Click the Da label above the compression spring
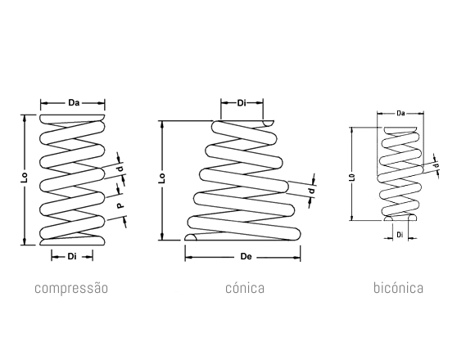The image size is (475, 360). (x=74, y=103)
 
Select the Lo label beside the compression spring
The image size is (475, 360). (x=25, y=178)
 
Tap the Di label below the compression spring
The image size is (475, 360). (x=72, y=257)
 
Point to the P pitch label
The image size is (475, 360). (x=120, y=205)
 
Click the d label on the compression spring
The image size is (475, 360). (x=121, y=169)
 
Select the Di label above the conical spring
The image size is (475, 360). (x=242, y=103)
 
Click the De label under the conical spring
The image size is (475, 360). (x=246, y=257)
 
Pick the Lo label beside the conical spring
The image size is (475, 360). (x=162, y=178)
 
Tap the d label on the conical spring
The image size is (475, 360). (x=311, y=191)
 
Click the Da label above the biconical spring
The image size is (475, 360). (x=400, y=114)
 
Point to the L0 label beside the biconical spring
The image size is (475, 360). (x=352, y=178)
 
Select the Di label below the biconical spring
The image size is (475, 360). (x=400, y=235)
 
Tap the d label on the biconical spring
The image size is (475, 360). (x=437, y=165)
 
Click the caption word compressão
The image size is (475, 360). (x=71, y=288)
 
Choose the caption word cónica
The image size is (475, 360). (x=245, y=288)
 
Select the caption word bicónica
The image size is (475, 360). (x=398, y=288)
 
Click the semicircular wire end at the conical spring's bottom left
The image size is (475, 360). (x=191, y=237)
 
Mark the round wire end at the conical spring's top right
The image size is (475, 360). (x=268, y=124)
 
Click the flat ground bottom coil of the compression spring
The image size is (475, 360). (x=72, y=241)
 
